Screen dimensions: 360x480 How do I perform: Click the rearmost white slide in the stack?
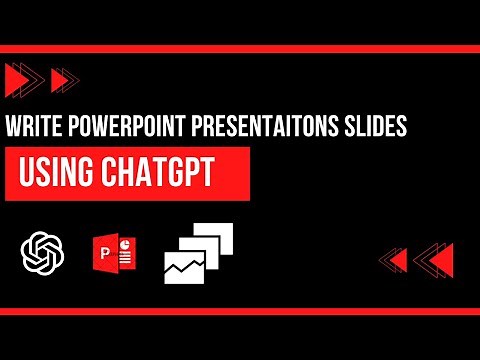tap(222, 235)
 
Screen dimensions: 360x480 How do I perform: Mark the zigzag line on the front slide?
tap(188, 265)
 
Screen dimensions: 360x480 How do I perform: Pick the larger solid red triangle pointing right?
tap(17, 78)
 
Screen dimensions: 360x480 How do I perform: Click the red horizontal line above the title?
tap(240, 48)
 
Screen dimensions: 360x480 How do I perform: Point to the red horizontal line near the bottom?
tap(240, 310)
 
